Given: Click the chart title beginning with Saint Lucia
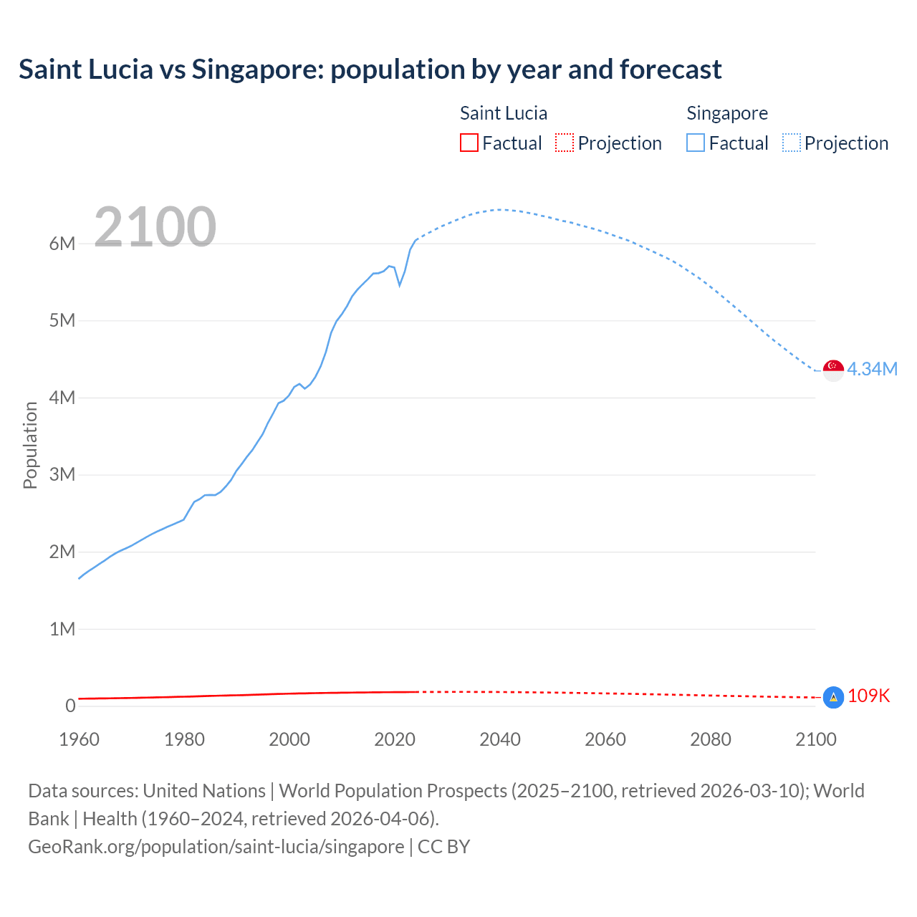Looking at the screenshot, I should tap(370, 69).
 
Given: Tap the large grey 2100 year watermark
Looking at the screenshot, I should tap(155, 227).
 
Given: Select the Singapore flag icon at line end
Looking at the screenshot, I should tap(833, 370).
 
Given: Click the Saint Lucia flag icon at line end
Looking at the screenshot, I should tap(833, 697).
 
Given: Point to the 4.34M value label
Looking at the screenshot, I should tap(872, 370).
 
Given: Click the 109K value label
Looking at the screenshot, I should tap(868, 696).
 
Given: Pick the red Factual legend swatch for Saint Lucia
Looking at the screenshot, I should tap(469, 143).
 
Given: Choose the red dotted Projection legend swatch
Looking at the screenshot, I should tap(565, 143).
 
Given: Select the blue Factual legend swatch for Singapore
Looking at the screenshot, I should tap(695, 143).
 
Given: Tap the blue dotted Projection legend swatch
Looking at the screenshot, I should tap(792, 143).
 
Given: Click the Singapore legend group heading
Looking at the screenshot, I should tap(726, 113).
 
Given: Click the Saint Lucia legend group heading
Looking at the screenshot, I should tap(503, 113).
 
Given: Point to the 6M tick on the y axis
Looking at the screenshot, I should tap(62, 244).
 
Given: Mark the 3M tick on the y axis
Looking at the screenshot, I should tap(62, 475).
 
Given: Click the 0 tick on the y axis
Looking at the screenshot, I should tap(70, 706).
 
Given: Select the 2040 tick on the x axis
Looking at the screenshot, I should tap(499, 739).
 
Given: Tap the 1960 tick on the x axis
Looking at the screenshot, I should tap(79, 739).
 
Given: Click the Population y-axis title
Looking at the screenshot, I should tap(30, 445).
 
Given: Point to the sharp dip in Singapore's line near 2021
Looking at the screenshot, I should tap(400, 285).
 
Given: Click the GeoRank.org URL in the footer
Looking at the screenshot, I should tap(216, 847).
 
